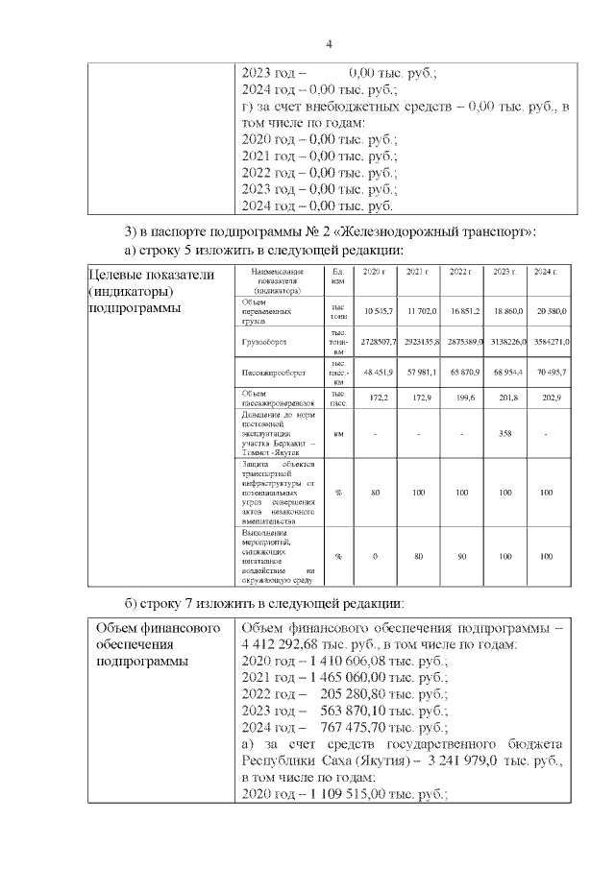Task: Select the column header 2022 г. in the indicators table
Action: (461, 274)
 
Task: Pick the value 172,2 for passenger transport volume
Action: (379, 396)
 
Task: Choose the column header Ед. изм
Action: (337, 278)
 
